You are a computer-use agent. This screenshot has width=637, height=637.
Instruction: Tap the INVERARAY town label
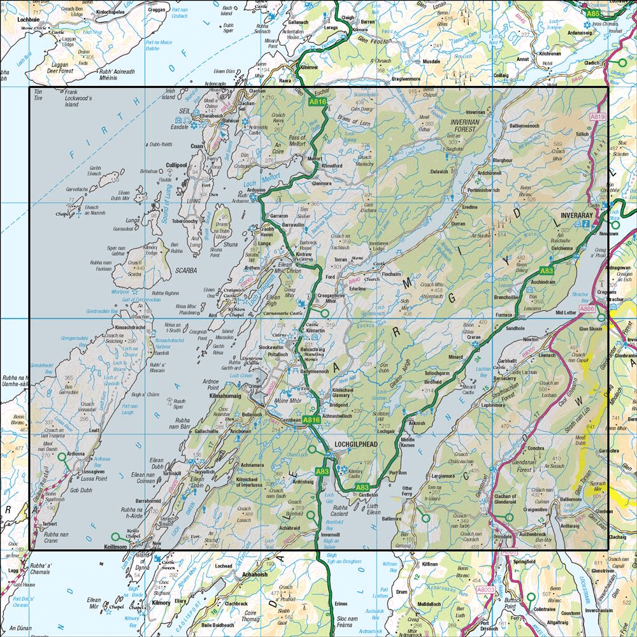pyautogui.click(x=577, y=217)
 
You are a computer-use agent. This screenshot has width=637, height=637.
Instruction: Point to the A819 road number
pyautogui.click(x=597, y=117)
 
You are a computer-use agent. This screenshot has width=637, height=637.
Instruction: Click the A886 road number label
pyautogui.click(x=587, y=309)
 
